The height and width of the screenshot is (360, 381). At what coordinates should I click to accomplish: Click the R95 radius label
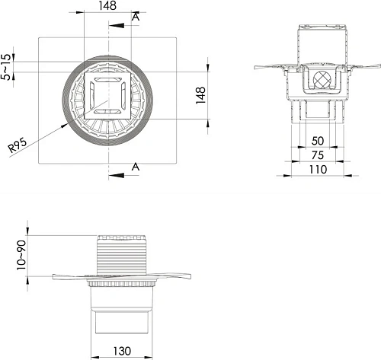tap(18, 145)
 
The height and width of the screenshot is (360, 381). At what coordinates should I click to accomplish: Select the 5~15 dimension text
tap(6, 67)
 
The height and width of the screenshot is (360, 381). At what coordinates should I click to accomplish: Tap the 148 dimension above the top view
tap(107, 5)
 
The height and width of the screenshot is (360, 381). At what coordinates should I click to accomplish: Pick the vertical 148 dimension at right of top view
tap(200, 95)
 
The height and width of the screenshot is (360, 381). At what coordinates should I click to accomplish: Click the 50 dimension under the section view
tap(318, 141)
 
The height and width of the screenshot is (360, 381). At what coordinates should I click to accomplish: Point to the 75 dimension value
tap(318, 155)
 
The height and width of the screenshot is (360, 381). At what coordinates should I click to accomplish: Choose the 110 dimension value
tap(318, 170)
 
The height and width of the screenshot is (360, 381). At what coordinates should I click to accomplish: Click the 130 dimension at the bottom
tap(122, 351)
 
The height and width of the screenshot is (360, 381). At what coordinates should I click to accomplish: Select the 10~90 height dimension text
tap(21, 255)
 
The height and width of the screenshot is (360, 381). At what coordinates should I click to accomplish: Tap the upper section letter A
tap(136, 17)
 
